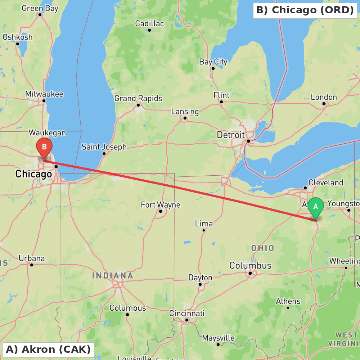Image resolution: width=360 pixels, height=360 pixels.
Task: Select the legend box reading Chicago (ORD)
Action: pyautogui.click(x=305, y=10)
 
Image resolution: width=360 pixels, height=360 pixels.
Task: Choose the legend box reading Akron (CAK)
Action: pyautogui.click(x=48, y=349)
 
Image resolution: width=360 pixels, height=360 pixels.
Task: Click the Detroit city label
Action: pyautogui.click(x=231, y=135)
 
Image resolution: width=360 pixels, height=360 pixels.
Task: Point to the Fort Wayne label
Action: pyautogui.click(x=161, y=205)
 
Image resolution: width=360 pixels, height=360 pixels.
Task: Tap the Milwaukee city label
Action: pyautogui.click(x=44, y=94)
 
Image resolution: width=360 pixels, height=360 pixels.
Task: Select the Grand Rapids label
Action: pyautogui.click(x=138, y=98)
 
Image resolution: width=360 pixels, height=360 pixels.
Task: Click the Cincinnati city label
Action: pyautogui.click(x=187, y=313)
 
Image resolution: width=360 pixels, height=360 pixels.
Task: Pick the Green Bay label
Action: pyautogui.click(x=40, y=9)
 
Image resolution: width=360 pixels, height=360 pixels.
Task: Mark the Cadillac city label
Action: pyautogui.click(x=149, y=24)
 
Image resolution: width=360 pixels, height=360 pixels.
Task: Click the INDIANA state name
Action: pyautogui.click(x=113, y=276)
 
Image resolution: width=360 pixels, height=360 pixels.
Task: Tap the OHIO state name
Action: pyautogui.click(x=262, y=248)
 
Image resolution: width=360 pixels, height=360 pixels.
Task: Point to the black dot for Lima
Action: pyautogui.click(x=204, y=230)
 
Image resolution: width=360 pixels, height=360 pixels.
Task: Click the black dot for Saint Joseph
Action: pyautogui.click(x=104, y=154)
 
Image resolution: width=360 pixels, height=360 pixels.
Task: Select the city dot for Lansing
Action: pyautogui.click(x=185, y=118)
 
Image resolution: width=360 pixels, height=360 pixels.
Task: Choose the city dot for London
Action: pyautogui.click(x=324, y=104)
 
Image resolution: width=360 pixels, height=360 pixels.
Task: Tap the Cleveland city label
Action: pyautogui.click(x=326, y=183)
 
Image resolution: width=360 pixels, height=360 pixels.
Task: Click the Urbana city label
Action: pyautogui.click(x=32, y=258)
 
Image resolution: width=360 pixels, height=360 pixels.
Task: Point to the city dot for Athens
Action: pyautogui.click(x=288, y=307)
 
